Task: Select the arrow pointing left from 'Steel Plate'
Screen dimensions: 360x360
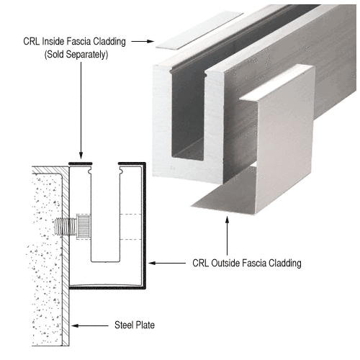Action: click(x=91, y=325)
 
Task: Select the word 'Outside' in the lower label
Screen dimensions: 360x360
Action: click(x=235, y=264)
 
